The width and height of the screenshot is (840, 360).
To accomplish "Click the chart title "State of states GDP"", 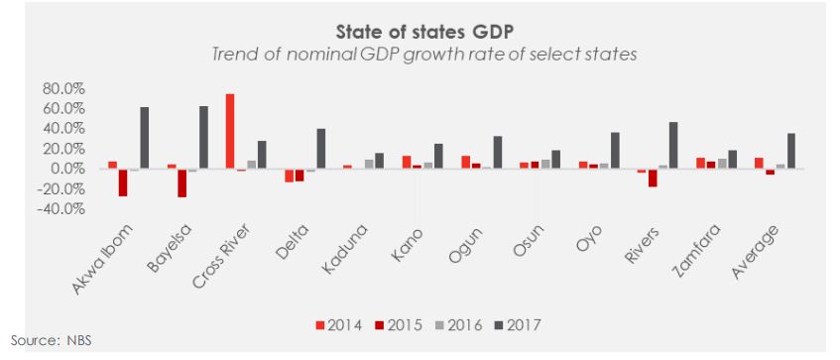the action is [425, 32].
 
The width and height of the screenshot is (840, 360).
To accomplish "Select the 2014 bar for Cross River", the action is [230, 132].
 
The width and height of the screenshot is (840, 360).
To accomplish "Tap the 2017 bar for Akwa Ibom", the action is [144, 138].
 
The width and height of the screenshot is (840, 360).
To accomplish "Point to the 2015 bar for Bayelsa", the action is [182, 183].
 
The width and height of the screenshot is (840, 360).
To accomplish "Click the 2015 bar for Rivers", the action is [653, 179].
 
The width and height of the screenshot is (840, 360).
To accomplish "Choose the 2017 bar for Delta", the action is [321, 149].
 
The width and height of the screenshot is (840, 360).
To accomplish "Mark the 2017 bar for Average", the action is [791, 151].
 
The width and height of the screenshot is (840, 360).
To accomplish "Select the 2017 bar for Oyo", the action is [615, 151].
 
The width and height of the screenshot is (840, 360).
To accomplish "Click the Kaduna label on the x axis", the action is [346, 248].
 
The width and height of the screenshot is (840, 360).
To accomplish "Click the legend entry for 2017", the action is [518, 325].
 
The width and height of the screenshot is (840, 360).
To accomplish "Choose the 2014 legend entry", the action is [339, 325].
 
